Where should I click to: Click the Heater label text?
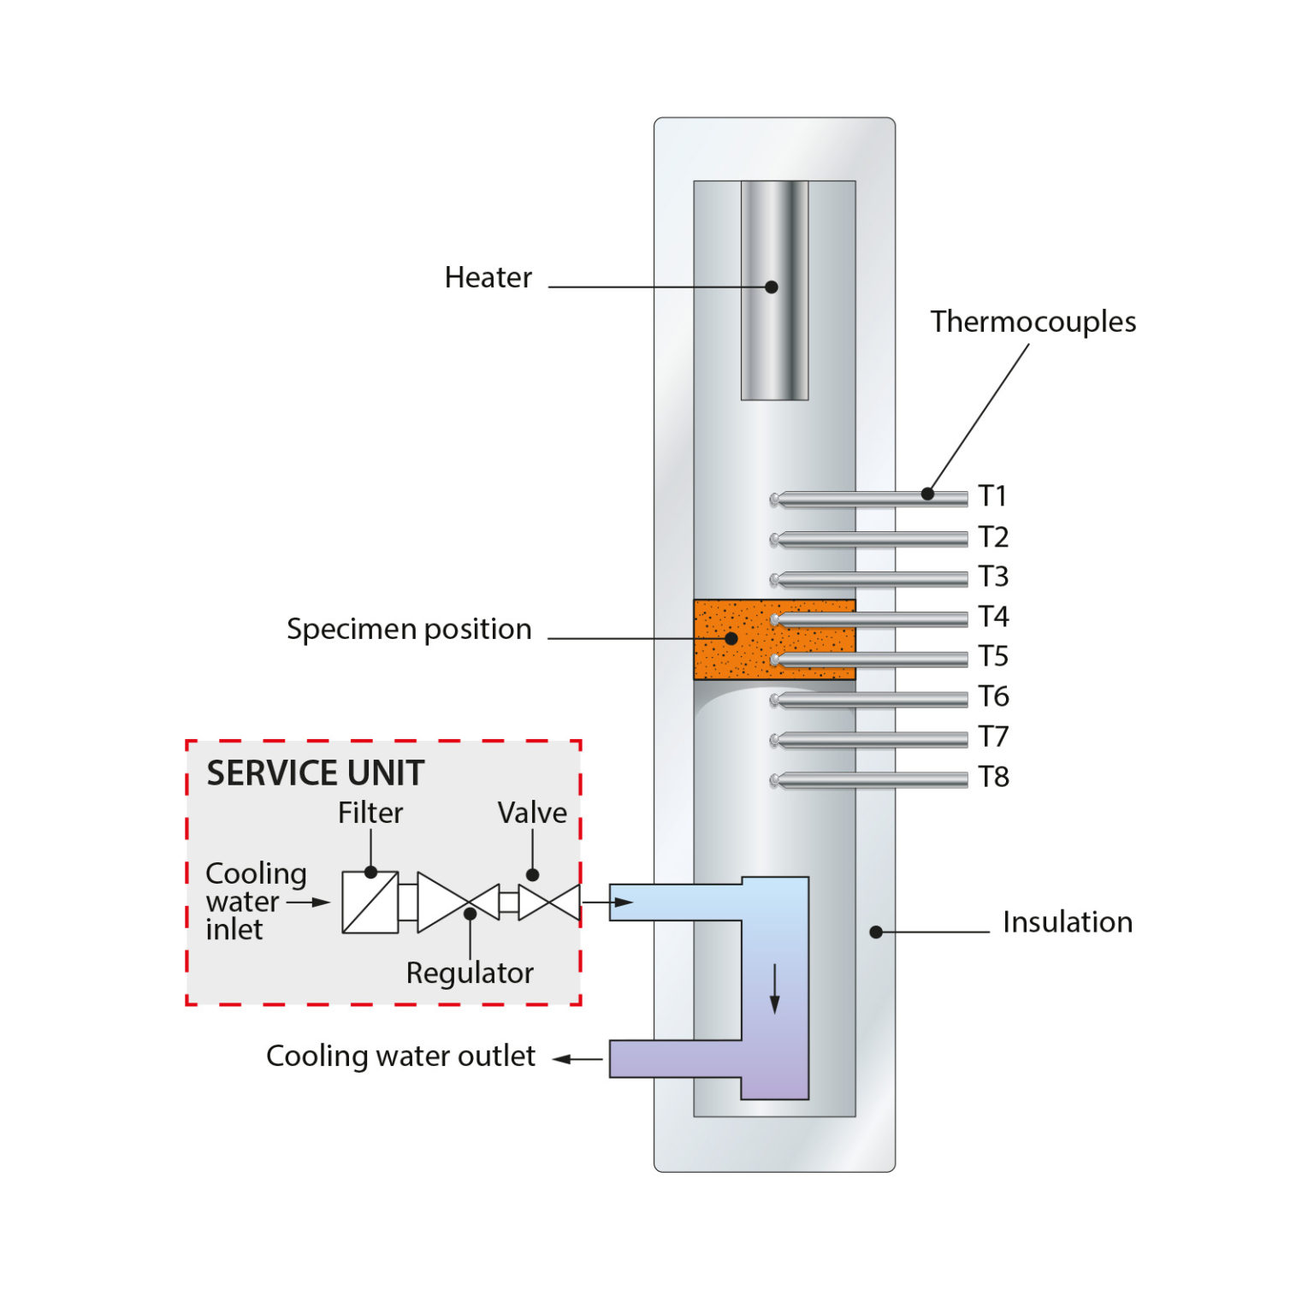tap(488, 278)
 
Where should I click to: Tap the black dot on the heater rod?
tap(771, 287)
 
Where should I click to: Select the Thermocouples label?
tap(1033, 322)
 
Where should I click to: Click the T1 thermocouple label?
tap(992, 496)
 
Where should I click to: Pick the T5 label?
tap(993, 656)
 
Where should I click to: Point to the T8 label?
tap(993, 777)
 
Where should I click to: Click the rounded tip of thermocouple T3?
tap(775, 580)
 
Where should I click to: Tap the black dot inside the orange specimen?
tap(731, 638)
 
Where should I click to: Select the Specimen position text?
tap(409, 630)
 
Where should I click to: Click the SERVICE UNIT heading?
tap(315, 773)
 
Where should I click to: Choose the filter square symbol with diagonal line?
tap(370, 902)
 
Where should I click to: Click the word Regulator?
tap(470, 974)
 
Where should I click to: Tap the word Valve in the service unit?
tap(532, 813)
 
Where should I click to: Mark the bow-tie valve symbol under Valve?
tap(549, 903)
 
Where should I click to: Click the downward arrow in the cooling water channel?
tap(775, 989)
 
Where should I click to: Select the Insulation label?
tap(1067, 922)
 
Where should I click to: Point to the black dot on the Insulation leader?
tap(876, 932)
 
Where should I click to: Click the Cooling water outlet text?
tap(400, 1057)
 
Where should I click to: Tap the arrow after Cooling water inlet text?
tap(309, 902)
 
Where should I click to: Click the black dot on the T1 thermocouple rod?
tap(927, 494)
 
